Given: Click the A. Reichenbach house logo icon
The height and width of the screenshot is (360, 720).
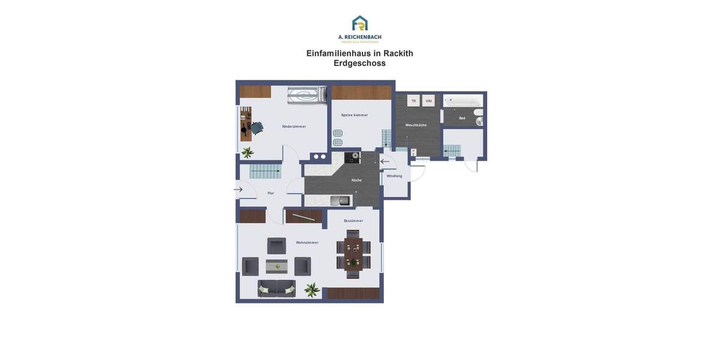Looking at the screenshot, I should tap(360, 23).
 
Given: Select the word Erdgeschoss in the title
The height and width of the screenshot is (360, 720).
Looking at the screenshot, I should tap(359, 64).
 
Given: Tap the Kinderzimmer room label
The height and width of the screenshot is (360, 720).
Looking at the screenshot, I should tap(294, 127).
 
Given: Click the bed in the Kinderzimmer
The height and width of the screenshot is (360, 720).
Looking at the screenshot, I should tap(307, 95).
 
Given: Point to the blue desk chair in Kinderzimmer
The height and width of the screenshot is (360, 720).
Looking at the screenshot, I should tap(257, 128).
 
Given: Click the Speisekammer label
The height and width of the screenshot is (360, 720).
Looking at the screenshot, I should tap(354, 115).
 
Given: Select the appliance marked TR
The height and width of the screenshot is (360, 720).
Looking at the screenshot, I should tap(413, 101).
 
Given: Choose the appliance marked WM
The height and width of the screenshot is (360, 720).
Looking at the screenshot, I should tap(428, 101).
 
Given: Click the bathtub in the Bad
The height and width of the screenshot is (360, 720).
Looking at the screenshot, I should tap(463, 101).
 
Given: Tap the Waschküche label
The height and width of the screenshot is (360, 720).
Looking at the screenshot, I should tap(416, 125).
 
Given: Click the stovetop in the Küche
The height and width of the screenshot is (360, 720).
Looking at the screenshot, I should tap(352, 158).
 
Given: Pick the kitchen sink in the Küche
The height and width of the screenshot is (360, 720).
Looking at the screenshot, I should tap(340, 200).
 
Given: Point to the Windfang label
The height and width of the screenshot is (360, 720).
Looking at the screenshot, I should tap(394, 176).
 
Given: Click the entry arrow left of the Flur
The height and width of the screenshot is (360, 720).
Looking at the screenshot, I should tap(238, 190).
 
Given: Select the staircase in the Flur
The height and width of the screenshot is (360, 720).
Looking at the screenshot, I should tap(265, 171).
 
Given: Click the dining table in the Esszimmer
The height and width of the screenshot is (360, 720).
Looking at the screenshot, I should tap(353, 254).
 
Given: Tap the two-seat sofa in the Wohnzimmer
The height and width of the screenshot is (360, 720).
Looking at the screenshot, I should tap(277, 289).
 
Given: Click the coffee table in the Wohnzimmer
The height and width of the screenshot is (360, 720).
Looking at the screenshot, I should tap(277, 266).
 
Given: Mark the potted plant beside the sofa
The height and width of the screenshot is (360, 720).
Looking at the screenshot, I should tap(311, 290).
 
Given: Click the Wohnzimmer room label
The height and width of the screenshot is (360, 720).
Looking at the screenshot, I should tap(307, 243).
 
